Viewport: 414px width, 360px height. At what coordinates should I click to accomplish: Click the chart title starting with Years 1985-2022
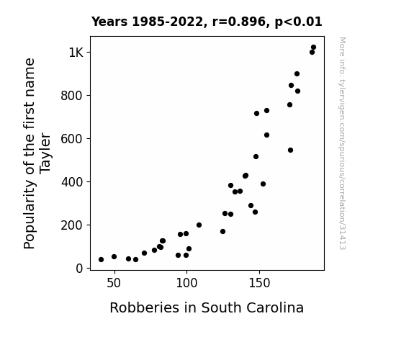pyautogui.click(x=207, y=22)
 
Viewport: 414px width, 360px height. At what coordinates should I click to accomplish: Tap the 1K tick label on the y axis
pyautogui.click(x=76, y=53)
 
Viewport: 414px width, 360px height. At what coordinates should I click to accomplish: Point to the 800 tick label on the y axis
pyautogui.click(x=72, y=96)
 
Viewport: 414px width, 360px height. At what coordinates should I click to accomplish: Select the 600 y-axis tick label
pyautogui.click(x=72, y=139)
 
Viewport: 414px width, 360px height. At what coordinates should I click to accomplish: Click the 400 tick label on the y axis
pyautogui.click(x=72, y=182)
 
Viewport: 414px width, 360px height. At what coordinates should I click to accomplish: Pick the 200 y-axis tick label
pyautogui.click(x=72, y=225)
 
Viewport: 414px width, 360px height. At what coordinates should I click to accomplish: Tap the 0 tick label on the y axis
pyautogui.click(x=79, y=269)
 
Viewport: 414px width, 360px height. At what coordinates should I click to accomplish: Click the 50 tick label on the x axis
pyautogui.click(x=114, y=283)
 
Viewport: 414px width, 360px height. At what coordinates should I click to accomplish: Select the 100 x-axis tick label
pyautogui.click(x=186, y=283)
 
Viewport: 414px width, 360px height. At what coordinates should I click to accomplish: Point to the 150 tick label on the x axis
pyautogui.click(x=259, y=283)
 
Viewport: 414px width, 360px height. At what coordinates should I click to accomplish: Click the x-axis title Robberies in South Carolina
pyautogui.click(x=207, y=307)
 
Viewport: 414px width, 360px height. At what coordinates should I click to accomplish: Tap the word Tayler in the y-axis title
pyautogui.click(x=45, y=153)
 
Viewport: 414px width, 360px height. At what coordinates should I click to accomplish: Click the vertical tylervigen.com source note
pyautogui.click(x=342, y=143)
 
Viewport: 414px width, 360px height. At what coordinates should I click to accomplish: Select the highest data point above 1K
pyautogui.click(x=313, y=48)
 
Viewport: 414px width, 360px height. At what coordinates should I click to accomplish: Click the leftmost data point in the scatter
pyautogui.click(x=101, y=260)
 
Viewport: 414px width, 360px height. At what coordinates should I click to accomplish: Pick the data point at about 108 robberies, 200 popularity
pyautogui.click(x=199, y=225)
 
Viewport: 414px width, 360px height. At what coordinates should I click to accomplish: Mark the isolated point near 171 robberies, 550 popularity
pyautogui.click(x=290, y=150)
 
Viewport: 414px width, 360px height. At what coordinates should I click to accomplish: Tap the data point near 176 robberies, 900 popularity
pyautogui.click(x=297, y=73)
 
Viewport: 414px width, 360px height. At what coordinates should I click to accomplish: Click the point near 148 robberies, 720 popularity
pyautogui.click(x=256, y=113)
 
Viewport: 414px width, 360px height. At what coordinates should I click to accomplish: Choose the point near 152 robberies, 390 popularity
pyautogui.click(x=263, y=184)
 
